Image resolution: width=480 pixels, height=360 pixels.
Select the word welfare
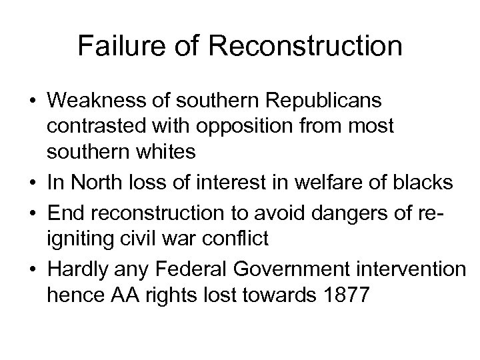pyautogui.click(x=307, y=181)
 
